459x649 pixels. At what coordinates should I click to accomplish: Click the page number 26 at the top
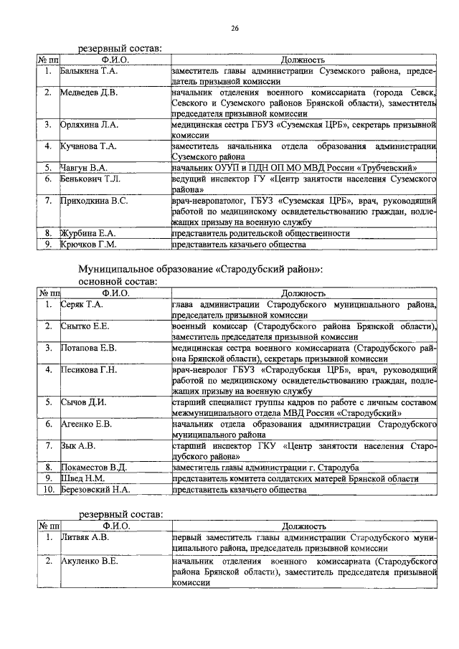235,28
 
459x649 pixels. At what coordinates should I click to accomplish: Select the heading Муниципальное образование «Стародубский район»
200,270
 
